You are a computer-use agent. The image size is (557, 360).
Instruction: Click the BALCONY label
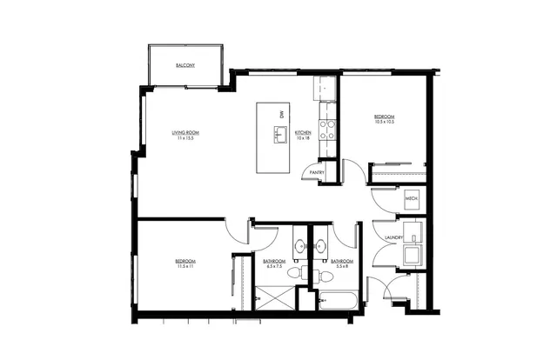tap(185, 66)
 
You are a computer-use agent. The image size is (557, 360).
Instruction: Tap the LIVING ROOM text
tap(185, 132)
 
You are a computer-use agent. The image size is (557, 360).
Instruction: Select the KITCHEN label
tap(303, 132)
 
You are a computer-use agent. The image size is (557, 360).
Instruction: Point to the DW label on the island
tap(281, 115)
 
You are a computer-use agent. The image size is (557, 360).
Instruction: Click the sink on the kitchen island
tap(280, 135)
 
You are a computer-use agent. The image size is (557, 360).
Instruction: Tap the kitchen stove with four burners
tap(329, 130)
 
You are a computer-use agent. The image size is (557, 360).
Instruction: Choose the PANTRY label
tap(318, 172)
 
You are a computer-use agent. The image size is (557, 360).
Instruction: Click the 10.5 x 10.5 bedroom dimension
tap(385, 123)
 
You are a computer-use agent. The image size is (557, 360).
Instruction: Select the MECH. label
tap(413, 200)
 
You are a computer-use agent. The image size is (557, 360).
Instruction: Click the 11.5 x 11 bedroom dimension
tap(184, 267)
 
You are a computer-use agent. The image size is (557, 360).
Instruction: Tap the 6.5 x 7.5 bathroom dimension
tap(275, 267)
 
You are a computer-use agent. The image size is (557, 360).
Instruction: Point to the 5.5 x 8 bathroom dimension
tap(342, 267)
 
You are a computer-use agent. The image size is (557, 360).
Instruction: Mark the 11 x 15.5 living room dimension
tap(185, 138)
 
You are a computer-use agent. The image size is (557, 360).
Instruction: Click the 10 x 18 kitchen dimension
tap(303, 138)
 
